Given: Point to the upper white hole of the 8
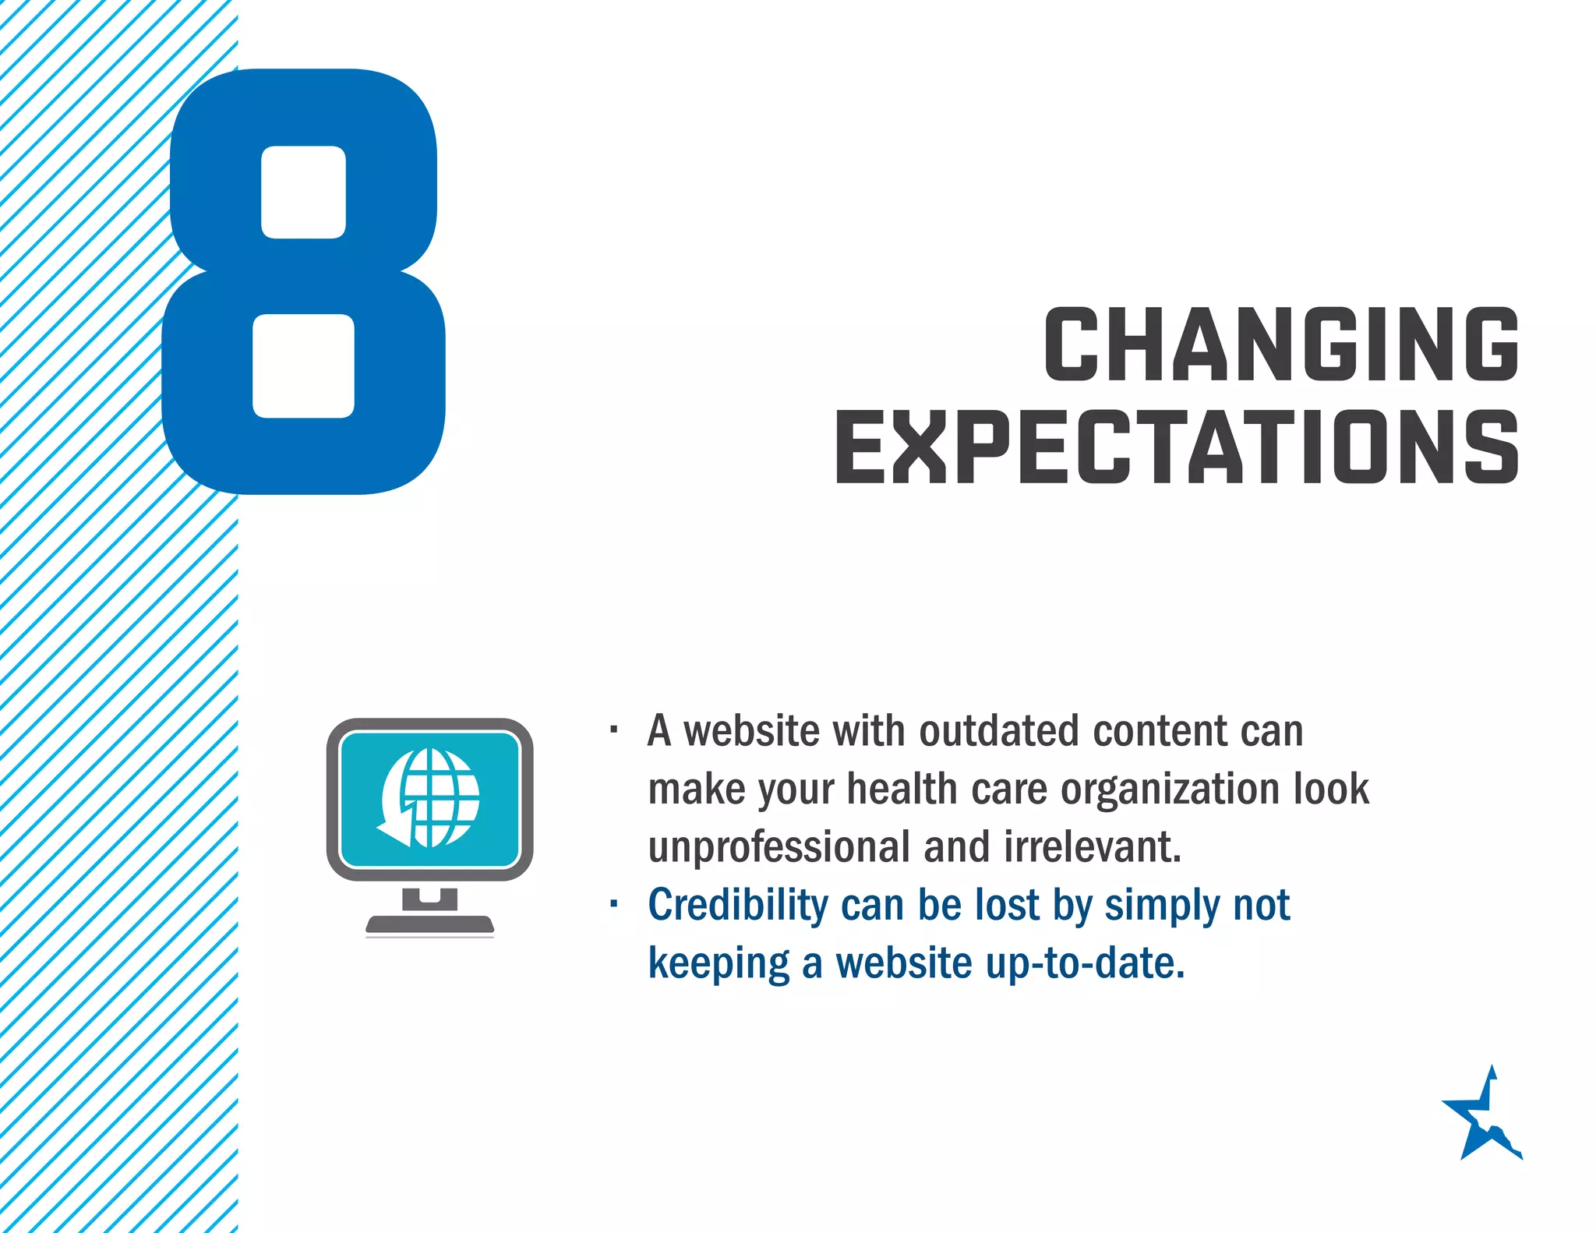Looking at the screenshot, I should coord(303,192).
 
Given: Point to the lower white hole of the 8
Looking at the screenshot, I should coord(303,366).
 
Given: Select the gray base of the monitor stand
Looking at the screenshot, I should coord(429,924).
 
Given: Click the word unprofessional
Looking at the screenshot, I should coord(779,847).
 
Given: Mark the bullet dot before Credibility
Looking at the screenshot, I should coord(614,904).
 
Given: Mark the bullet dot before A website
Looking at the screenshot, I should coord(614,730).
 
